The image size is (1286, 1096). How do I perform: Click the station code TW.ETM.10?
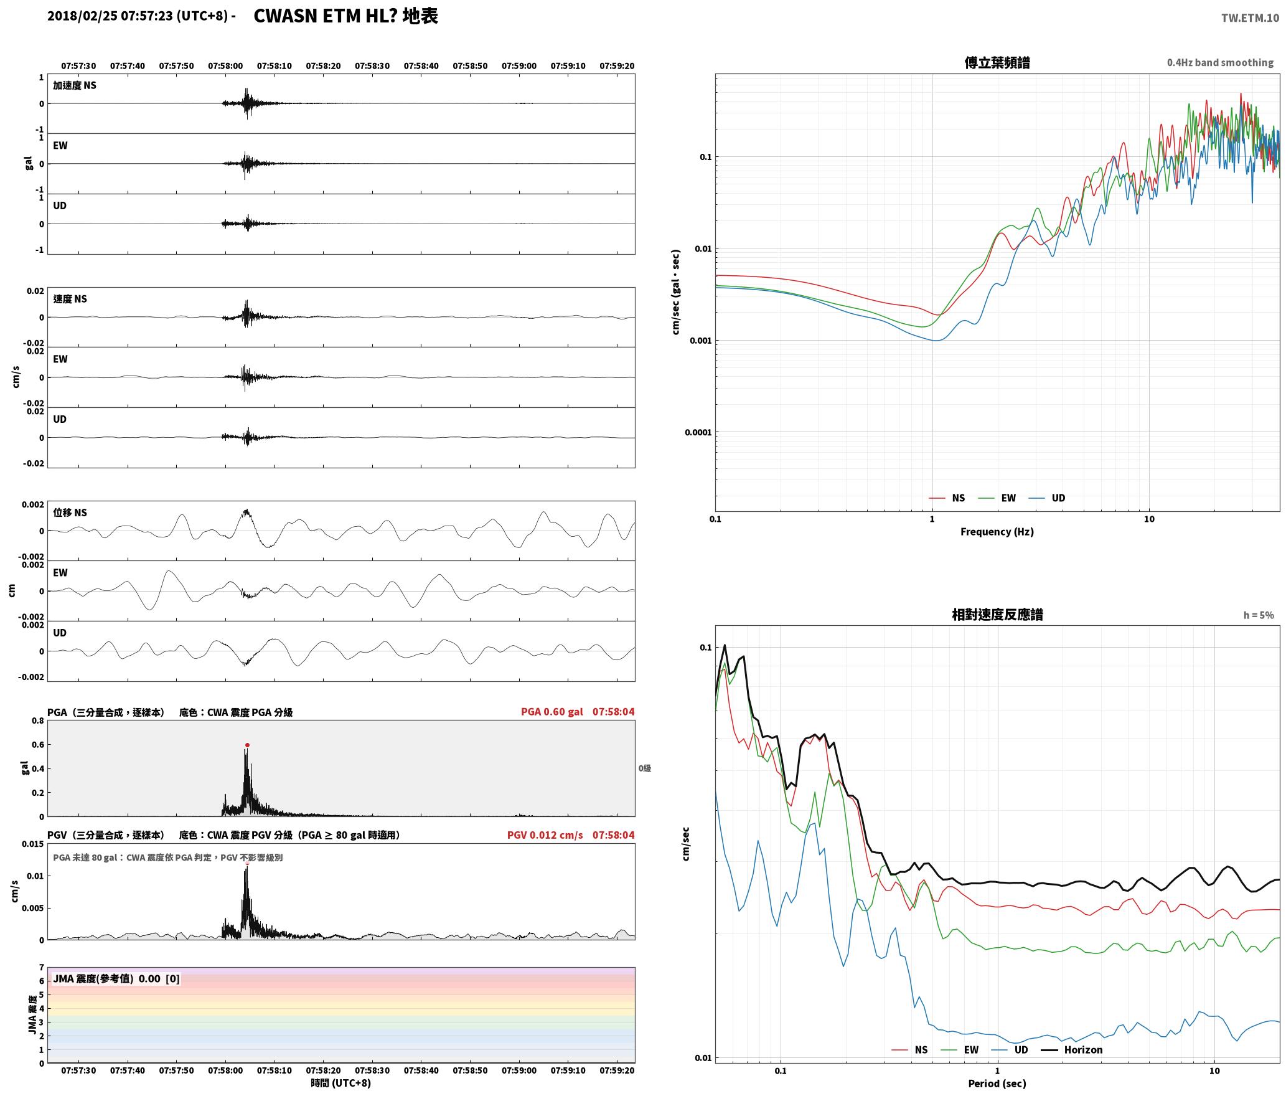1250,18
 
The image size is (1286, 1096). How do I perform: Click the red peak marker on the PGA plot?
247,745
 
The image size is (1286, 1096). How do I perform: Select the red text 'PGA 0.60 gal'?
552,712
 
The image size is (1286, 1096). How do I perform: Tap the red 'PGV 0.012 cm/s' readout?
545,835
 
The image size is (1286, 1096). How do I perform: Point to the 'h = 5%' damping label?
1259,615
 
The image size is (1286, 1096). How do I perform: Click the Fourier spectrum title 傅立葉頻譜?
997,63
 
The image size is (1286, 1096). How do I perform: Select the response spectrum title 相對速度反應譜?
997,615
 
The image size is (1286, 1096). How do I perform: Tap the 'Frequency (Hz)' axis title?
997,532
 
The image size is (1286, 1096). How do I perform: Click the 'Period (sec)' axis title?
997,1084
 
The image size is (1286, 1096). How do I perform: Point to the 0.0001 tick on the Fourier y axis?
698,432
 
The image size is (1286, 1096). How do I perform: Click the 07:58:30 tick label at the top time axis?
372,66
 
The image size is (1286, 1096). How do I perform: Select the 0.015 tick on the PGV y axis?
32,844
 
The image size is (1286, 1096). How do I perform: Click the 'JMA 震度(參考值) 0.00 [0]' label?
116,979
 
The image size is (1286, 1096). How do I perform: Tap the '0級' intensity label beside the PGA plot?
645,768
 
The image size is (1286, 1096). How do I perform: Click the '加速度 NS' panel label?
75,85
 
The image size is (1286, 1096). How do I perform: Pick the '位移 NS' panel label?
70,513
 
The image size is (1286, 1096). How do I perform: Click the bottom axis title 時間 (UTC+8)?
341,1083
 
